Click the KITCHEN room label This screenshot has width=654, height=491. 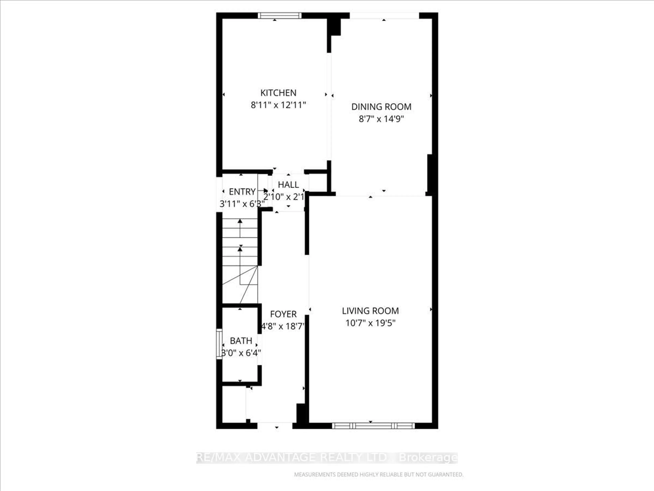[x=278, y=93]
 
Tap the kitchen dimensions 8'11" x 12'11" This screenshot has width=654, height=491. [x=278, y=105]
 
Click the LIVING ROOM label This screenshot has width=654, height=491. [x=370, y=311]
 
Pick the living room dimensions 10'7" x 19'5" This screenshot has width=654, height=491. [x=370, y=323]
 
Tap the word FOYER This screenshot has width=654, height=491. [x=283, y=314]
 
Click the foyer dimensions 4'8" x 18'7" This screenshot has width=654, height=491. [x=283, y=326]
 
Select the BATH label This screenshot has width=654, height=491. [x=241, y=341]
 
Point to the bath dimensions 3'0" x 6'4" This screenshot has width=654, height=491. [x=241, y=353]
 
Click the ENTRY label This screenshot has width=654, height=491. [x=242, y=192]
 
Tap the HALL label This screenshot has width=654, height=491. [x=288, y=185]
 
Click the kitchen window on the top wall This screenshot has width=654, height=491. [x=279, y=15]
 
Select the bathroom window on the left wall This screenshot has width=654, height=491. [x=219, y=344]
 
